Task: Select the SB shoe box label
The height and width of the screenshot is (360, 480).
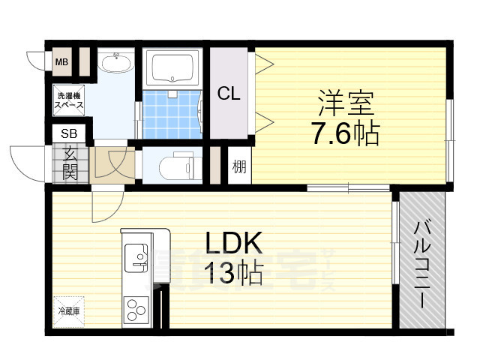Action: (68, 134)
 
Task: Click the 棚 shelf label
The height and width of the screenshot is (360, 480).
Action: (239, 165)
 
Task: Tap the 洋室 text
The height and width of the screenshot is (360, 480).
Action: (346, 102)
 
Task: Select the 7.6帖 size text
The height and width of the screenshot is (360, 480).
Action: (346, 135)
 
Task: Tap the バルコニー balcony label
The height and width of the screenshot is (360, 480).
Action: (421, 262)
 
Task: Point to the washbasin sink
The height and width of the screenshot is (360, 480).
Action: (116, 64)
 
